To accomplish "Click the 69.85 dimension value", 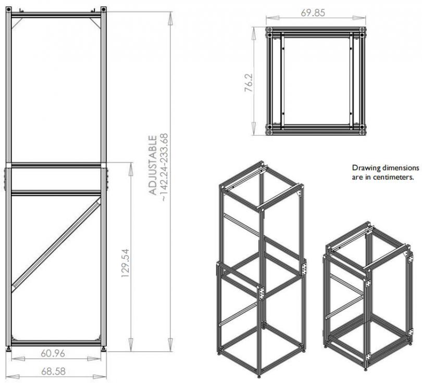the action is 313,12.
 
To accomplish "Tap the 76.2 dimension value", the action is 249,83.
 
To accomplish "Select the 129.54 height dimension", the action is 126,263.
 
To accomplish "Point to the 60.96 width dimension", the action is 53,353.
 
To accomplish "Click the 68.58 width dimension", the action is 53,372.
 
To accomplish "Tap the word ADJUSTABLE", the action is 153,165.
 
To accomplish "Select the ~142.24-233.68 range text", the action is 164,168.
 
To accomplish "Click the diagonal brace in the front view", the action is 56,245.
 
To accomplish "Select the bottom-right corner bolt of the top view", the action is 363,133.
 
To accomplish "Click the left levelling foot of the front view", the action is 9,349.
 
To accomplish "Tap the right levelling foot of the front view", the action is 104,349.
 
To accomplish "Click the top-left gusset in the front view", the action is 17,23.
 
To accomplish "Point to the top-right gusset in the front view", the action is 95,22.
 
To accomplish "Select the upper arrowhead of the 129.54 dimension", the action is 131,169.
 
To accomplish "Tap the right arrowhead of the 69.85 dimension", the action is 359,18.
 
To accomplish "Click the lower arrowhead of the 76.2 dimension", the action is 254,128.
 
